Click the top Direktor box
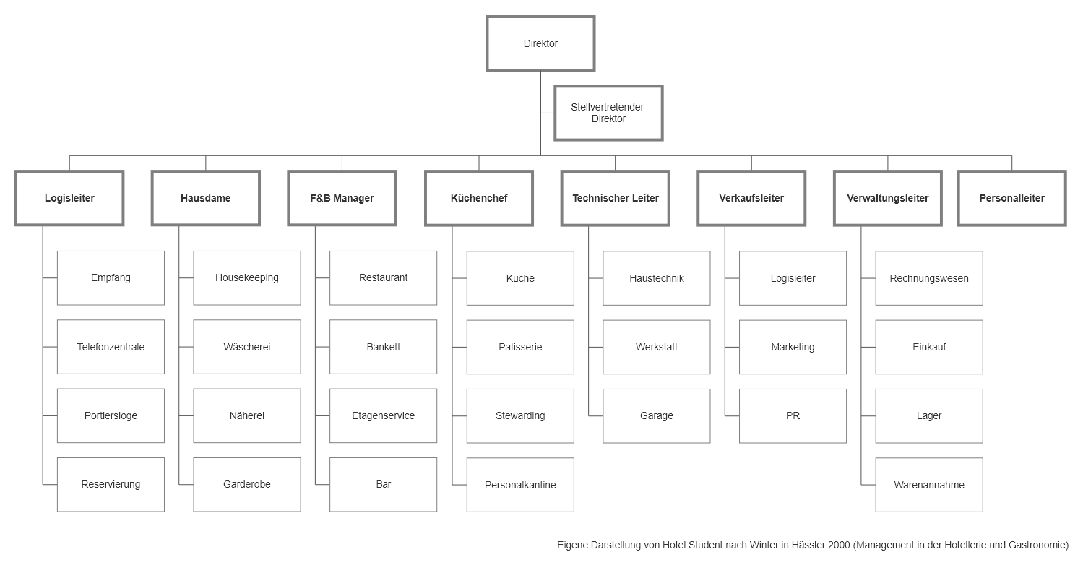540,43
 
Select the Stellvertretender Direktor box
608,113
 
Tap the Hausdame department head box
205,198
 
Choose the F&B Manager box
342,198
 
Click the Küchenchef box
479,198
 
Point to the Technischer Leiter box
615,198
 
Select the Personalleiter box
1012,198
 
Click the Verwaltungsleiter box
888,198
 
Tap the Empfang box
111,278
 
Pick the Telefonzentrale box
111,347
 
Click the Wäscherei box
247,347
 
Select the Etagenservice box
384,415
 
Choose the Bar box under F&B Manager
384,484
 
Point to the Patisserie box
520,347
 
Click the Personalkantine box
520,485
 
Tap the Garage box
657,415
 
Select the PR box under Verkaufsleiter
793,415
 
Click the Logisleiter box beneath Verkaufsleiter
793,278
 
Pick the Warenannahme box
929,485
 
